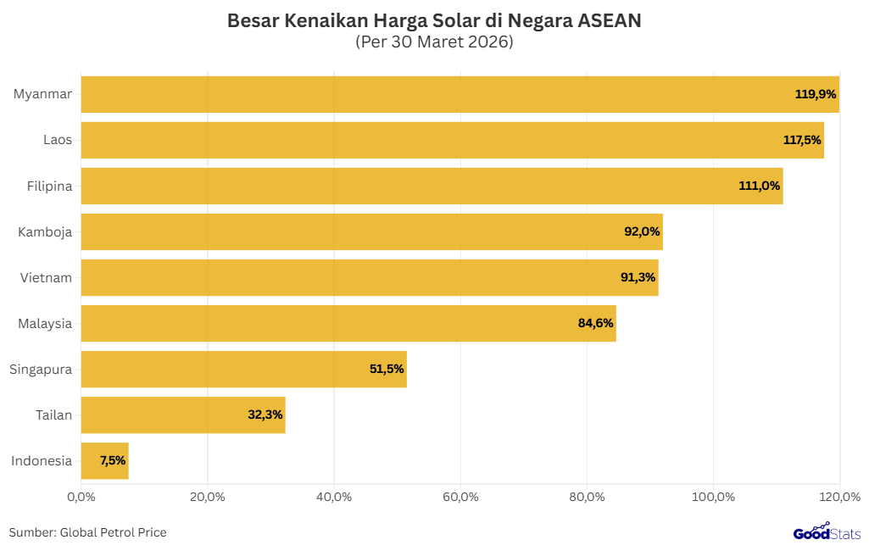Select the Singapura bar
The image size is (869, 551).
pyautogui.click(x=243, y=369)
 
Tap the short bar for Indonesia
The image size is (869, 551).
pyautogui.click(x=104, y=460)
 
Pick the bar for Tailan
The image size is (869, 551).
pyautogui.click(x=182, y=415)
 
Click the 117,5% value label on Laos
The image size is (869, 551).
pyautogui.click(x=802, y=140)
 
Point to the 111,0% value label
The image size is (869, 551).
pyautogui.click(x=759, y=186)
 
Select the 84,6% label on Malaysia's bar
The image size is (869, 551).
pyautogui.click(x=595, y=323)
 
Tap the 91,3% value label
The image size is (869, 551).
pyautogui.click(x=638, y=277)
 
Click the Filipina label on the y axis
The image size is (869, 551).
pyautogui.click(x=49, y=186)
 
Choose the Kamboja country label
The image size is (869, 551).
pyautogui.click(x=45, y=231)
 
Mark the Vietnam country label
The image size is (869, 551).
pyautogui.click(x=46, y=277)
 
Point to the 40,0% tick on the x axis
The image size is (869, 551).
pyautogui.click(x=334, y=497)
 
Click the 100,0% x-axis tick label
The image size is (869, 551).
pyautogui.click(x=713, y=497)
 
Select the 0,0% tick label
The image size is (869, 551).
pyautogui.click(x=81, y=497)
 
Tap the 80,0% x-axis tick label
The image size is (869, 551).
pyautogui.click(x=587, y=497)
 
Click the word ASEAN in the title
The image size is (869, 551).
pyautogui.click(x=609, y=21)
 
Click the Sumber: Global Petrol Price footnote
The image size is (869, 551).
pyautogui.click(x=88, y=532)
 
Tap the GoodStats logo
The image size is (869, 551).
pyautogui.click(x=827, y=532)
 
